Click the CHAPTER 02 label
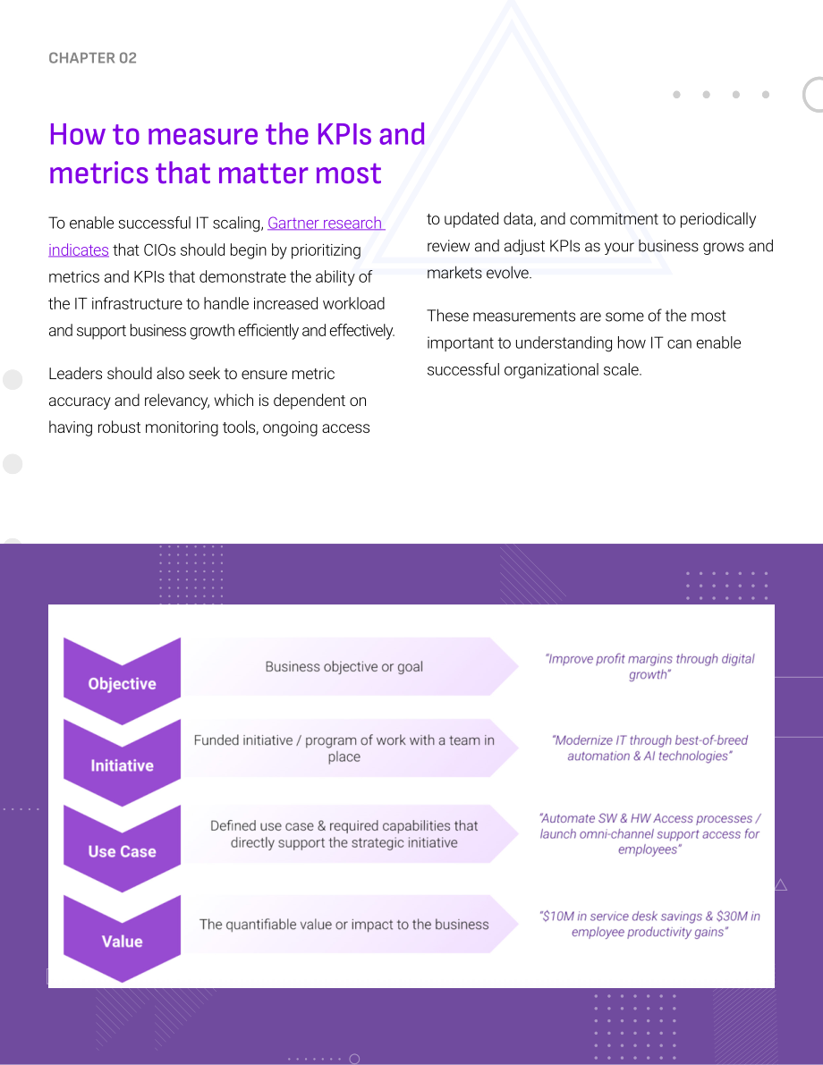pos(92,58)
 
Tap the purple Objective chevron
pos(123,682)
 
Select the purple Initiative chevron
pos(123,764)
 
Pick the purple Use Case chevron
pos(123,849)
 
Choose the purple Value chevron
pos(123,939)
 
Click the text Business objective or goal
pos(344,667)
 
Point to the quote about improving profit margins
pos(649,666)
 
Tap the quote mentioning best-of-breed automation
pos(649,748)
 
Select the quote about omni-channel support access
pos(649,834)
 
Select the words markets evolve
pos(479,273)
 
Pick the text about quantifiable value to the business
pos(344,925)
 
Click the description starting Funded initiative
pos(344,748)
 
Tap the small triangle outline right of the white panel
pos(781,884)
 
